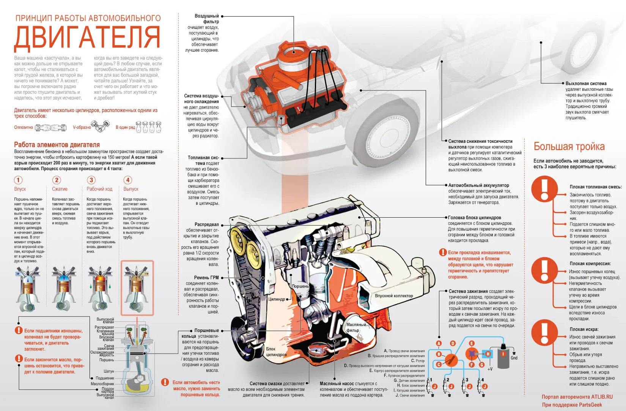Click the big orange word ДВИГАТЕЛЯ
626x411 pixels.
[87, 38]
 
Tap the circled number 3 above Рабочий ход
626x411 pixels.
[91, 180]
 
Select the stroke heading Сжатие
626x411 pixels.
[60, 189]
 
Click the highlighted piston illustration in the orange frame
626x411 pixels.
[137, 288]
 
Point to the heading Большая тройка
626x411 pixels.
[569, 147]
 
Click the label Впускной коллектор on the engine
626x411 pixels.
[393, 296]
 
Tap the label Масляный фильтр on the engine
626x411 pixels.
[355, 327]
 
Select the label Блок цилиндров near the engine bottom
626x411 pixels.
[276, 352]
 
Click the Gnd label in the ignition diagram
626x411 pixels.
[514, 358]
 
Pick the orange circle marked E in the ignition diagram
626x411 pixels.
[472, 343]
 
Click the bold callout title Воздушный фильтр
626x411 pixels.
[207, 19]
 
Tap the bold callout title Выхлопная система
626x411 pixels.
[586, 84]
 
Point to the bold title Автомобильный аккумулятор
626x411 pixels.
[478, 185]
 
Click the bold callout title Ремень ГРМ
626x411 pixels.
[206, 278]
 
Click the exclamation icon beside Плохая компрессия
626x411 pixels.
[544, 269]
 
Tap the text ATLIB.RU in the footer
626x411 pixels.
[601, 397]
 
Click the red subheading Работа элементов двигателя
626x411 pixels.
[57, 145]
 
